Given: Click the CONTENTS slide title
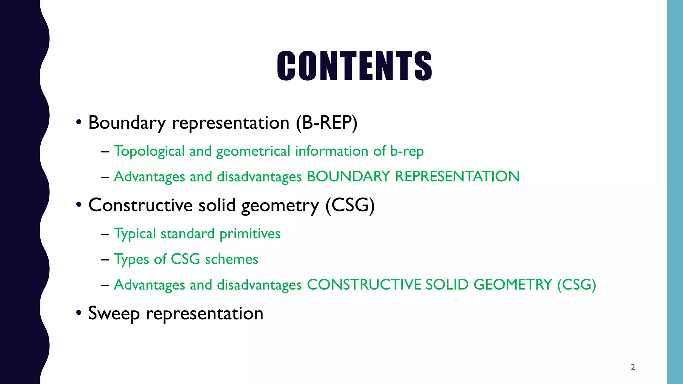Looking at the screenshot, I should (x=354, y=66).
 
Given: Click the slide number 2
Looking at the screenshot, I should (x=633, y=367).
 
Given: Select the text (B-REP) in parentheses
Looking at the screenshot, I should (x=326, y=123).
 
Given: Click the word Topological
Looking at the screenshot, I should (x=149, y=151).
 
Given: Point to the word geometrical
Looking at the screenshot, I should (x=253, y=151).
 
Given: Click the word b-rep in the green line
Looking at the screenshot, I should (x=407, y=151).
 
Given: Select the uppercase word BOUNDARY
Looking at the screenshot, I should (x=348, y=176).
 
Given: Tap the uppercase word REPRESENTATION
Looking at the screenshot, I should (x=457, y=176).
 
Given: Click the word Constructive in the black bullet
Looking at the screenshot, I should (x=140, y=205).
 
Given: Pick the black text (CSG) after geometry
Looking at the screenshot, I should (x=350, y=205).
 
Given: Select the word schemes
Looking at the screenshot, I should (x=231, y=259).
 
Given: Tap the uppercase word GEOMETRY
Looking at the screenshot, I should (x=513, y=285).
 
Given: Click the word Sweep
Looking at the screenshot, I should (x=114, y=314).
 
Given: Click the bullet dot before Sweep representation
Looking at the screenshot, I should (x=79, y=313).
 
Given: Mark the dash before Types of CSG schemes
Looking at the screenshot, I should (x=105, y=259).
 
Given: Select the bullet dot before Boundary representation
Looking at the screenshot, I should (x=79, y=122).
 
